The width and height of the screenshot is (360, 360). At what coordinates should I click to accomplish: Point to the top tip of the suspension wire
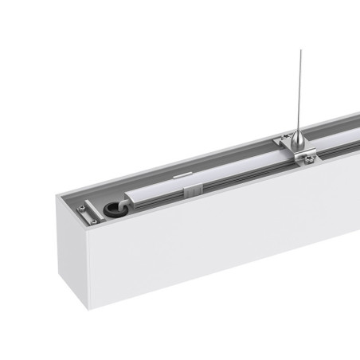coord(301,49)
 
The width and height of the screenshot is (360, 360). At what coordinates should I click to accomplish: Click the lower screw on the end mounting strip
coord(84,221)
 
